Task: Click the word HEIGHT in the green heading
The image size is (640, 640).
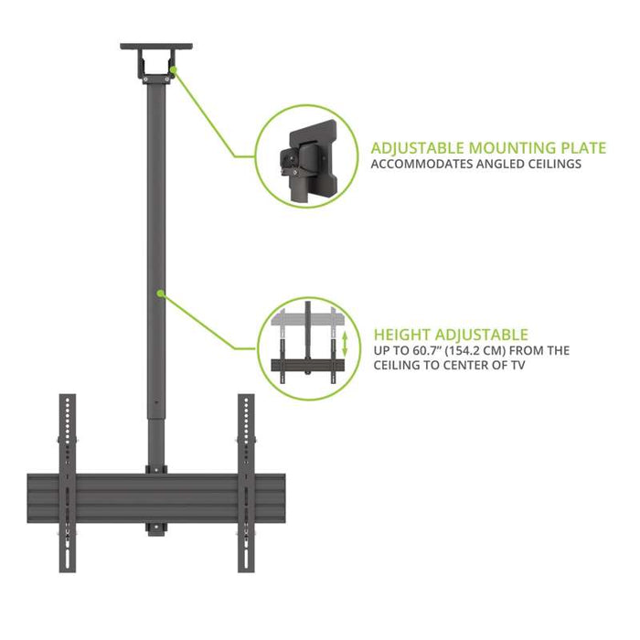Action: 401,335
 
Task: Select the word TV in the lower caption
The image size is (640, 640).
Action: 517,365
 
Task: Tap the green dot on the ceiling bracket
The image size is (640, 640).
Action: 174,69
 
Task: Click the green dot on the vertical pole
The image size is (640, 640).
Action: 161,293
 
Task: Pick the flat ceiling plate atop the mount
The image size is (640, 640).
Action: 156,46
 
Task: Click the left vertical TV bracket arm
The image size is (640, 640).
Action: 68,483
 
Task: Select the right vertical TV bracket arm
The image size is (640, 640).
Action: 246,483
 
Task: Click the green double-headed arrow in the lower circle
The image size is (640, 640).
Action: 345,344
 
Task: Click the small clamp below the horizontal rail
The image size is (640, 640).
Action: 156,529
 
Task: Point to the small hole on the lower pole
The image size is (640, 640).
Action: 156,403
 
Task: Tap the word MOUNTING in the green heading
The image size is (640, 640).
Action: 512,148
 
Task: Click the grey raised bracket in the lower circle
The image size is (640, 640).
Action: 308,317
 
